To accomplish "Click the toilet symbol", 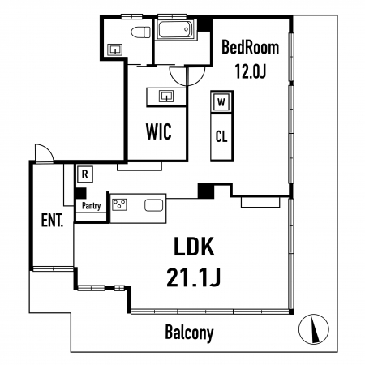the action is coord(141,32).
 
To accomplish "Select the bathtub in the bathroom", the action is coord(175,30).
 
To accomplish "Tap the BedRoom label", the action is coord(250,47).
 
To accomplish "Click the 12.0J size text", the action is coord(251,71).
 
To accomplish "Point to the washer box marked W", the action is coord(221,102).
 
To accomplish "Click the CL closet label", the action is coord(221,136).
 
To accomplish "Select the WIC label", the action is coord(159,131).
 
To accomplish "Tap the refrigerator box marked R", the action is coord(85,174).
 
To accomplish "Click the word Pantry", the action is coord(91,206).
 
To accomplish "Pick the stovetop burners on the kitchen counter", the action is coord(119,204).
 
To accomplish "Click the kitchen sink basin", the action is coord(154,205).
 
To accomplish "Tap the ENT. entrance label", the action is coord(52,220).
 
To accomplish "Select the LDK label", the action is coord(194,247).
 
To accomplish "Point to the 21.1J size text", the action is coord(194,277).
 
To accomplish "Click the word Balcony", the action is coord(189,333).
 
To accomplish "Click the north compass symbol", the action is coord(314,329).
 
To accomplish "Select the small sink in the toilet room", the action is coord(115,49).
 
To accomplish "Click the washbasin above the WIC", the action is coord(166,97).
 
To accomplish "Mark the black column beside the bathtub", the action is coord(204,24).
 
